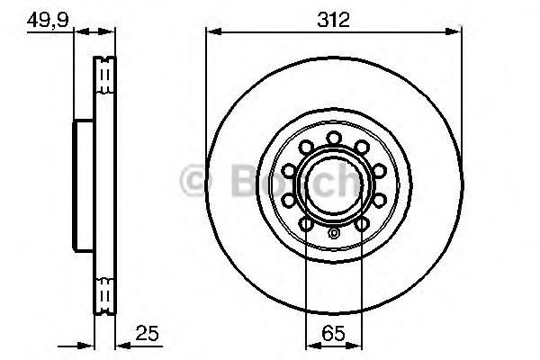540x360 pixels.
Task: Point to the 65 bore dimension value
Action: click(x=334, y=334)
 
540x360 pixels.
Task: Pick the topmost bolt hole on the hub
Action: click(x=334, y=137)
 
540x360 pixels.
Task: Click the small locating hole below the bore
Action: click(x=334, y=234)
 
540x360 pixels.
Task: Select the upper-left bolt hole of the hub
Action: click(x=307, y=146)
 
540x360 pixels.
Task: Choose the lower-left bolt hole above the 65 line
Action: click(x=307, y=221)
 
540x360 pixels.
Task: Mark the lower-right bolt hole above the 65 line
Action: click(x=361, y=221)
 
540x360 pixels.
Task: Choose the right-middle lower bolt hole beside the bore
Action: click(x=377, y=198)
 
